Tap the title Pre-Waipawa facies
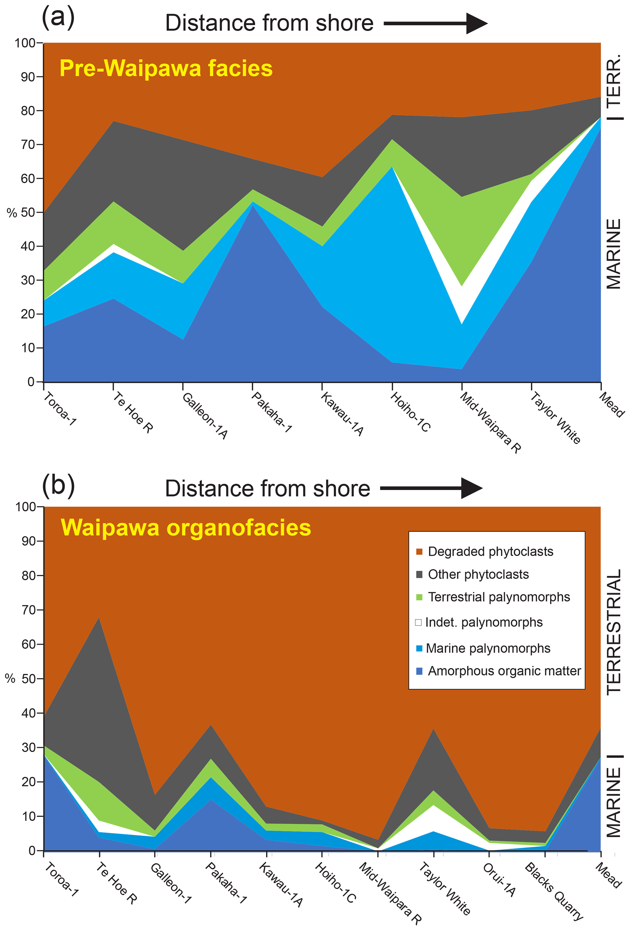tap(166, 68)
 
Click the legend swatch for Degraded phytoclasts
tap(419, 552)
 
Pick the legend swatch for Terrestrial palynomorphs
tap(419, 597)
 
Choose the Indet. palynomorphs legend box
tap(419, 622)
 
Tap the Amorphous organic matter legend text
tap(504, 671)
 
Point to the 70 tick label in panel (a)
tap(28, 144)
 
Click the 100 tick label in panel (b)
tap(26, 507)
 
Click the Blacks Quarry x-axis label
tap(554, 896)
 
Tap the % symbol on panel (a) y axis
tap(12, 213)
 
